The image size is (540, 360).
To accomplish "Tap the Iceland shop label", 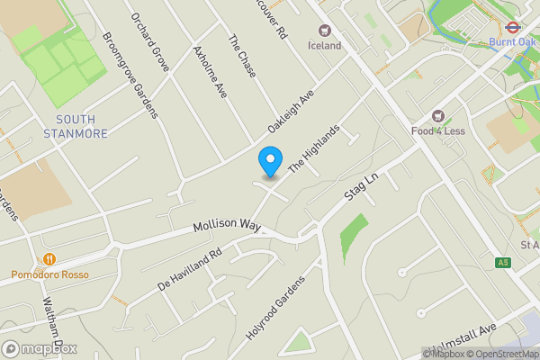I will [325, 45].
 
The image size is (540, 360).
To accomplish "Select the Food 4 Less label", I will [439, 130].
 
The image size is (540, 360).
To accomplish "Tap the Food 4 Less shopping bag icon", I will [439, 115].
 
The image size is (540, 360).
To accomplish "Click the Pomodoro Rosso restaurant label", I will [49, 274].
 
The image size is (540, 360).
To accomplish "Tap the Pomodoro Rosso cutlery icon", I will [16, 274].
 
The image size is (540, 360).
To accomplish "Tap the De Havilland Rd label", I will [190, 269].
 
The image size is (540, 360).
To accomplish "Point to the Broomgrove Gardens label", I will [130, 76].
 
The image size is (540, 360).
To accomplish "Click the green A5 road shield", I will [502, 263].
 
